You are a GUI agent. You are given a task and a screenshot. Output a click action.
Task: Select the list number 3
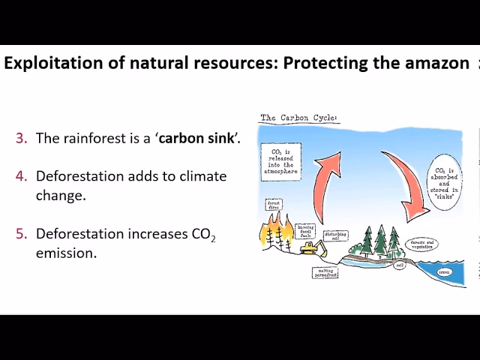pyautogui.click(x=21, y=138)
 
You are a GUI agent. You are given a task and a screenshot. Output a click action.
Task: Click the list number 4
pyautogui.click(x=21, y=175)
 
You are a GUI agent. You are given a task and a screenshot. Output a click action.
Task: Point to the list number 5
pyautogui.click(x=21, y=234)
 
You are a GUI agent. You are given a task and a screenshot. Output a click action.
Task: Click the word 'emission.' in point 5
pyautogui.click(x=66, y=253)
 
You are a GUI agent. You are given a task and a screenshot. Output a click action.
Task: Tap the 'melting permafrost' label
pyautogui.click(x=324, y=273)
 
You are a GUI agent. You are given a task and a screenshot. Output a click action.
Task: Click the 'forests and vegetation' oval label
pyautogui.click(x=424, y=243)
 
